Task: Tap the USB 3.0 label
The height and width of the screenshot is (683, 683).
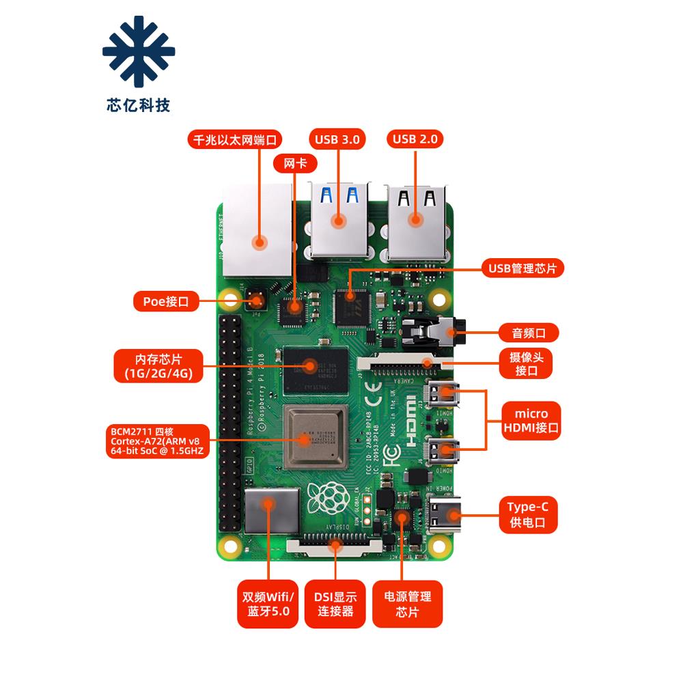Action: (x=337, y=139)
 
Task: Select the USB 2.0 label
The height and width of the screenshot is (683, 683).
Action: (x=415, y=139)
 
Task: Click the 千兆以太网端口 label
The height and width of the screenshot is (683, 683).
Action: (x=235, y=141)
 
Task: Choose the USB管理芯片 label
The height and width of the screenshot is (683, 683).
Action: (x=522, y=268)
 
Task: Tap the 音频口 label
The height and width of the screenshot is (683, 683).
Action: (x=526, y=333)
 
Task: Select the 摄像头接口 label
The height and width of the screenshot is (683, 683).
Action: (x=526, y=364)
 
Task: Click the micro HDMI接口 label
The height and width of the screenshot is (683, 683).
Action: (x=531, y=421)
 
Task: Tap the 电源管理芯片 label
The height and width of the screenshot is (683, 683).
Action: (x=407, y=604)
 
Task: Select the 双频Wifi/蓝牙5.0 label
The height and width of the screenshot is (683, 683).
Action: (x=267, y=604)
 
